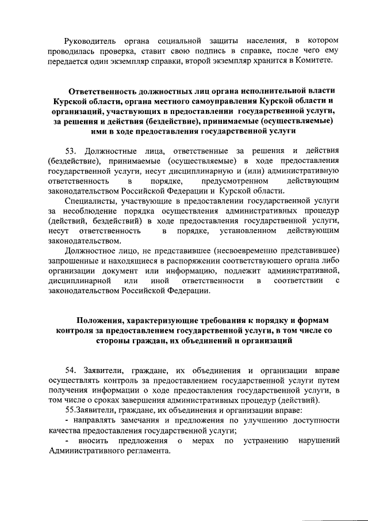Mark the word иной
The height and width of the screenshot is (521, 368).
click(x=153, y=280)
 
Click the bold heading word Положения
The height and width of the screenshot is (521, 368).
click(x=105, y=320)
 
